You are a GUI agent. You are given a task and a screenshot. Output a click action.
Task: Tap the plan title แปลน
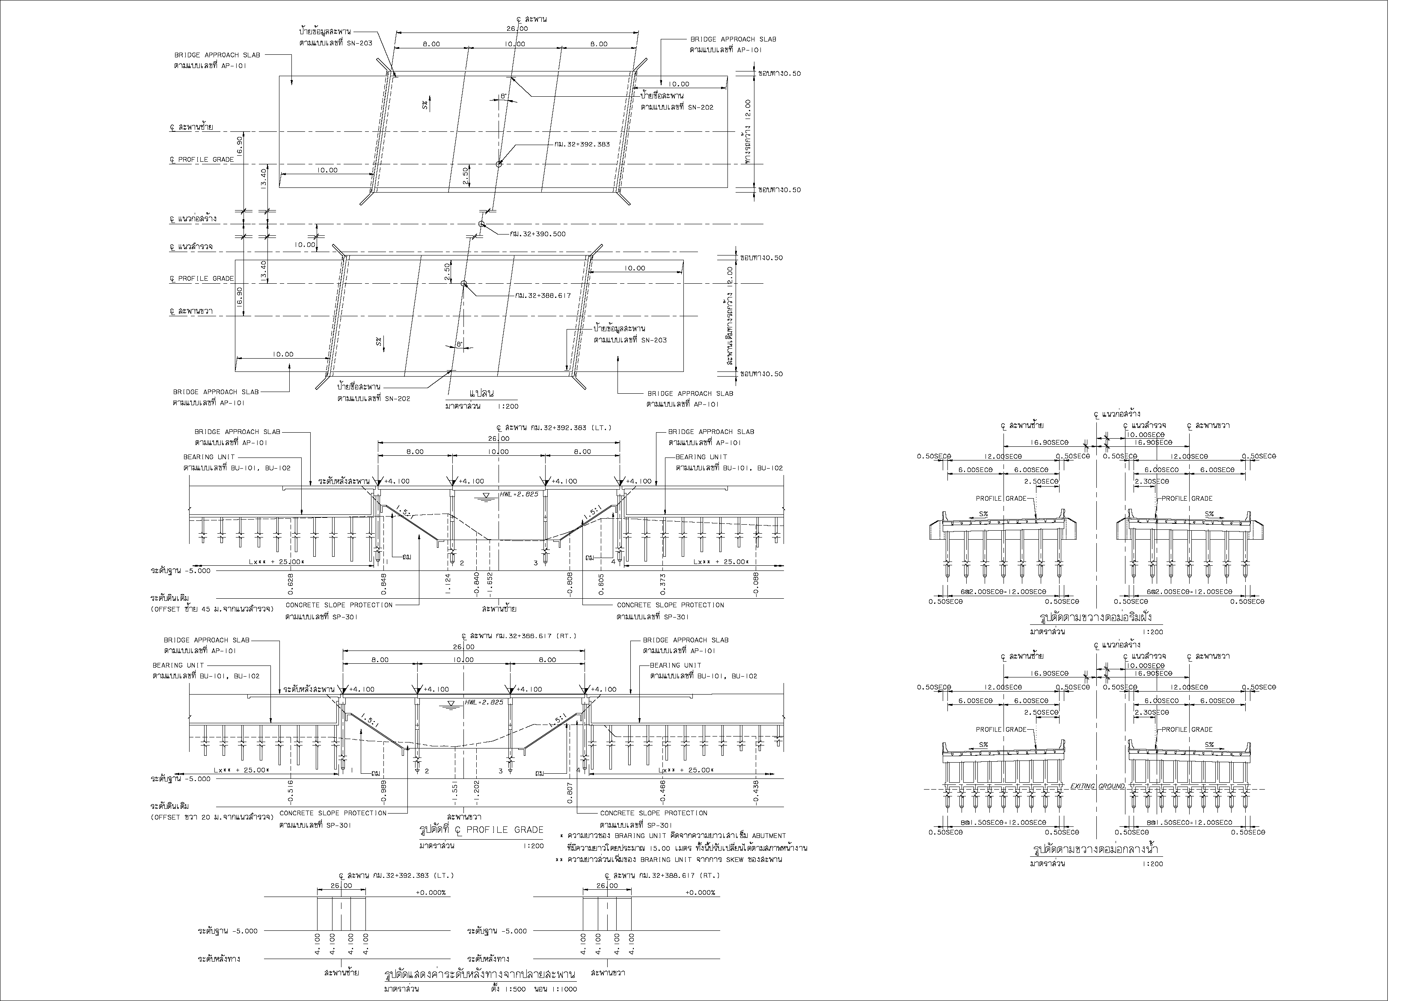(482, 393)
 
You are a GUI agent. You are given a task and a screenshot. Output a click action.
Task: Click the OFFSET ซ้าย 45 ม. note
(211, 609)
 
